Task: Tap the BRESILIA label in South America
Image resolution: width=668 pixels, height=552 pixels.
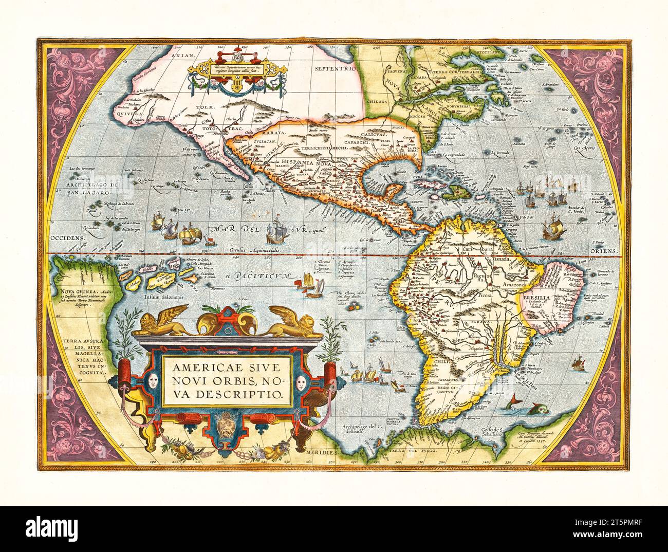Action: (x=536, y=298)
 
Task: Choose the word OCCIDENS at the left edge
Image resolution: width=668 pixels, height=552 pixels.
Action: (x=67, y=239)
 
